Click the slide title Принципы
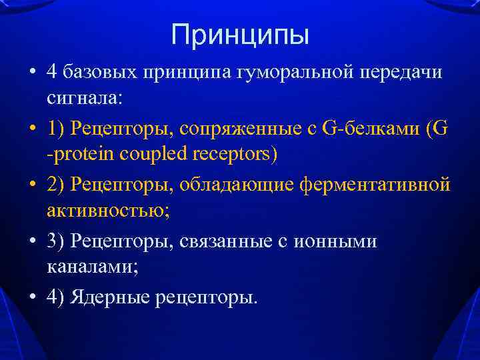coord(240,35)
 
